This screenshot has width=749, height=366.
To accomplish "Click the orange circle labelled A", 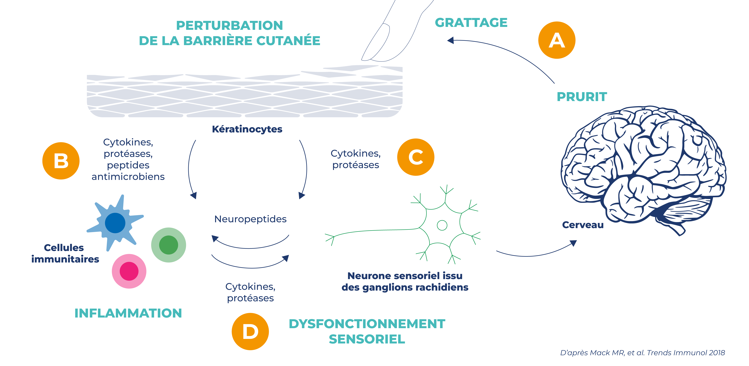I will (x=557, y=40).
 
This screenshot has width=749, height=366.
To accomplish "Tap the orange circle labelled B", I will (x=61, y=161).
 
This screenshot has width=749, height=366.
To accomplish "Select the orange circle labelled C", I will (x=415, y=157).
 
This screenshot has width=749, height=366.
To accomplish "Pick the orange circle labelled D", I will (x=250, y=331).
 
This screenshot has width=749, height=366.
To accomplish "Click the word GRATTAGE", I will (x=471, y=23).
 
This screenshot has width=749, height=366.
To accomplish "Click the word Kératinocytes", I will (x=247, y=129).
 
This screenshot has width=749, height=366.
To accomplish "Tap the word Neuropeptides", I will (x=250, y=219).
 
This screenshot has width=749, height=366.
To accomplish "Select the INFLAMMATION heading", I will (x=128, y=313).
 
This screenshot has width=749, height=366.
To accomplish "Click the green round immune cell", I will (x=168, y=245).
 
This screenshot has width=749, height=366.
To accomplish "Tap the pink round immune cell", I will (x=129, y=271).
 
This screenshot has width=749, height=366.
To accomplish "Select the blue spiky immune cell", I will (x=115, y=223).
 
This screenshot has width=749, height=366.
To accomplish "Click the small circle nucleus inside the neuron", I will (x=442, y=225).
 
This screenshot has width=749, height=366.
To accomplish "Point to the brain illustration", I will (x=643, y=169).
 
